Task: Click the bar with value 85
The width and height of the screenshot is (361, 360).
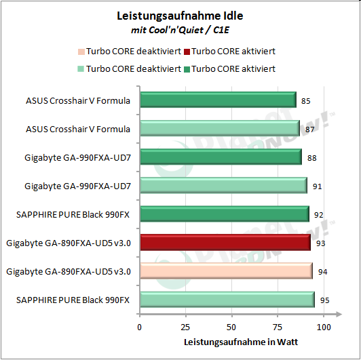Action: [217, 100]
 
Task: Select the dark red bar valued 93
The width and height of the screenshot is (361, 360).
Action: [225, 242]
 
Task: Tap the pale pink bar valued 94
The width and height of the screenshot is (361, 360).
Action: [226, 271]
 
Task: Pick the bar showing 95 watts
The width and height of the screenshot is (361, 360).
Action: [227, 299]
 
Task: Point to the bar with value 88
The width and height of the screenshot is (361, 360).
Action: [220, 157]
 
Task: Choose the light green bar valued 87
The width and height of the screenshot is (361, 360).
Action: [219, 129]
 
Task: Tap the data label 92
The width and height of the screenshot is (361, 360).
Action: [319, 215]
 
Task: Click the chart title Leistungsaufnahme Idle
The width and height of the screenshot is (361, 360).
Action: [180, 16]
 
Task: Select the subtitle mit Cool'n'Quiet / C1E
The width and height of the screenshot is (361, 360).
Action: [180, 30]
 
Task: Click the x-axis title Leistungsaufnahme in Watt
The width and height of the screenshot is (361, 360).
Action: [231, 342]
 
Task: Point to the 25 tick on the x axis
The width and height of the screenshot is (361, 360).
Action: [186, 327]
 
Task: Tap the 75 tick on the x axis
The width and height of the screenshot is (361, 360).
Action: [278, 327]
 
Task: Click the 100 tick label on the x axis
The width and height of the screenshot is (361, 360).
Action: [324, 327]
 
